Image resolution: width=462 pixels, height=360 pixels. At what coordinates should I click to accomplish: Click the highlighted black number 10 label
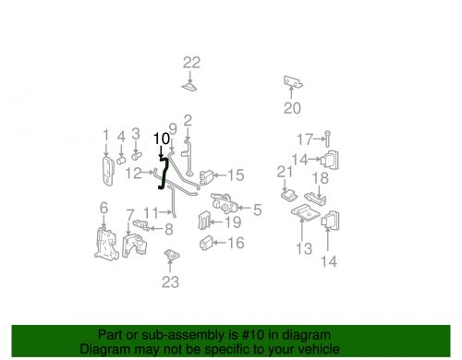click(x=162, y=138)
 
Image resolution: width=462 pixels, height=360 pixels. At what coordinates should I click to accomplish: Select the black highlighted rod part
click(x=164, y=173)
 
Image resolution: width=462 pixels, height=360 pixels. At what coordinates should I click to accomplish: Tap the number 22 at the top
click(x=191, y=63)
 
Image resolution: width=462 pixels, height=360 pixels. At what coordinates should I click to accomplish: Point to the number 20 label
click(x=292, y=108)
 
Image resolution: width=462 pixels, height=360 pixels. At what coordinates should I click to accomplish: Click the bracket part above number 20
click(x=293, y=81)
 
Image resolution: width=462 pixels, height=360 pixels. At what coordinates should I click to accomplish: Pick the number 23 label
click(x=170, y=282)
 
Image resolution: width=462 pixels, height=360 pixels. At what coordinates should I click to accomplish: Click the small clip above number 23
click(x=172, y=255)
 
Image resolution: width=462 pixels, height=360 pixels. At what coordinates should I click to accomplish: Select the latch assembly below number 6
click(x=106, y=244)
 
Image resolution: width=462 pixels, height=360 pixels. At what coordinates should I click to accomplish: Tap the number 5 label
click(x=257, y=210)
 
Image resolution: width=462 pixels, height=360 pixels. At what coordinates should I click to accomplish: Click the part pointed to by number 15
click(x=206, y=177)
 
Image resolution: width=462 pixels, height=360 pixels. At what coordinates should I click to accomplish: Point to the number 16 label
click(x=236, y=243)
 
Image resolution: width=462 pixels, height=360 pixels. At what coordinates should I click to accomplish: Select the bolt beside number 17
click(x=327, y=138)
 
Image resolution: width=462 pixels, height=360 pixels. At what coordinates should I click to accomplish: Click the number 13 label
click(x=304, y=248)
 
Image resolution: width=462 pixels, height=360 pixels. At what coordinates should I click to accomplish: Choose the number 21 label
click(x=285, y=172)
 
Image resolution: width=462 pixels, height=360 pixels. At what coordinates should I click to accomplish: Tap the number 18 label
click(x=321, y=178)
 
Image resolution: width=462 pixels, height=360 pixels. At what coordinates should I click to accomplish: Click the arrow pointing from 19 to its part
click(x=217, y=222)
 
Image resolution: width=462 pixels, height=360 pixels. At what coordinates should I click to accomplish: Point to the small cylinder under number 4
click(x=121, y=160)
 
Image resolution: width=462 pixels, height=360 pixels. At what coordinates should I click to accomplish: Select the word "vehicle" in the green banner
click(x=320, y=349)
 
